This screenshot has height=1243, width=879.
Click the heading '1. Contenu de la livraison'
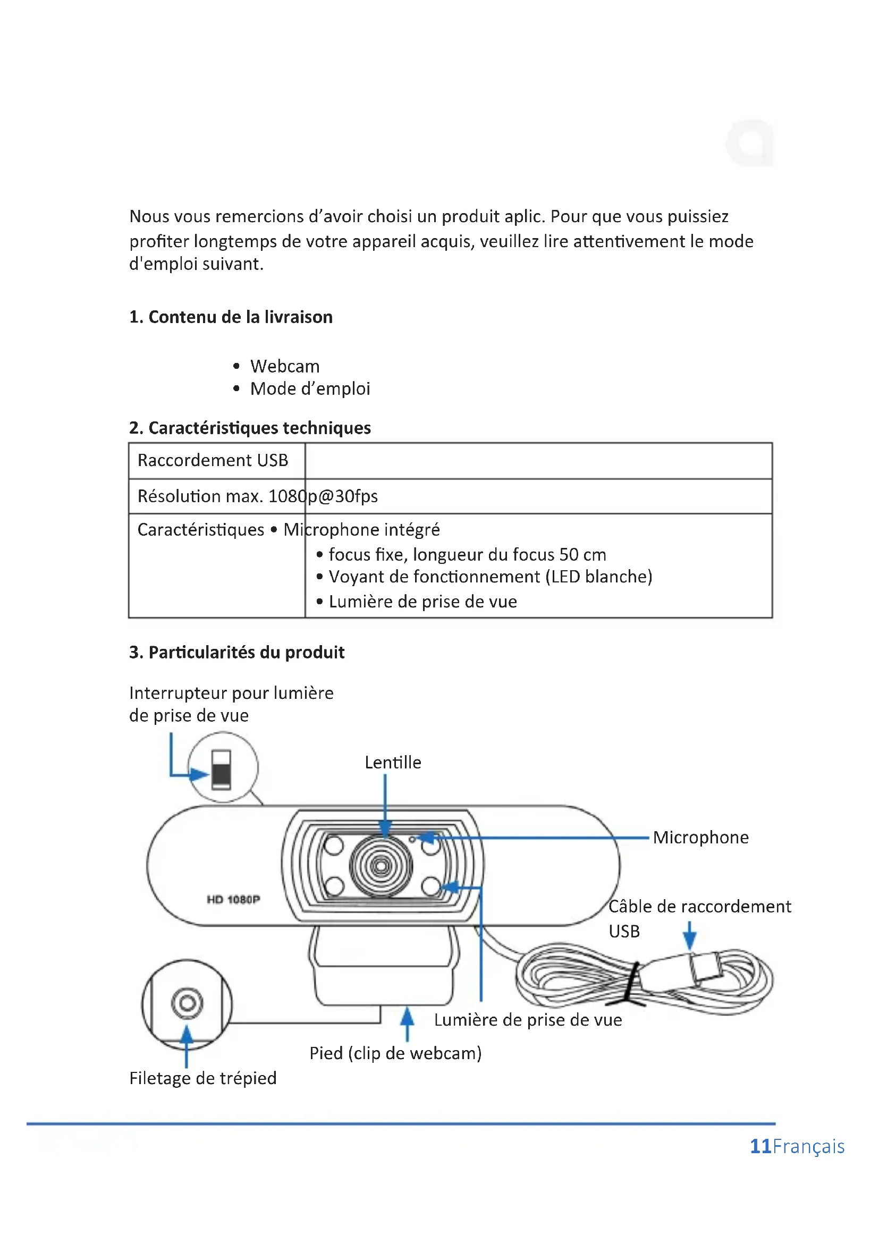pyautogui.click(x=231, y=317)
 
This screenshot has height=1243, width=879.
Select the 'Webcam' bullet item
pyautogui.click(x=285, y=366)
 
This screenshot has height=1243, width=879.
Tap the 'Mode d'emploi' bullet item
pyautogui.click(x=310, y=388)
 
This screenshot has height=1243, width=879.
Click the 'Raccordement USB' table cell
pyautogui.click(x=213, y=460)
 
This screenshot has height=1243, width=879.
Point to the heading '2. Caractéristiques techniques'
pyautogui.click(x=250, y=428)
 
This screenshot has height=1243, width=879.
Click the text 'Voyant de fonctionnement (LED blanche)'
pyautogui.click(x=491, y=577)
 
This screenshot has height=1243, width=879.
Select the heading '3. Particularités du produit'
pyautogui.click(x=236, y=653)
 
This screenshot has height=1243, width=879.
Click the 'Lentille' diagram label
pyautogui.click(x=392, y=762)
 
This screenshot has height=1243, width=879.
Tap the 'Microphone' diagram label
pyautogui.click(x=700, y=837)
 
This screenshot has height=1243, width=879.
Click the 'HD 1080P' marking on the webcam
pyautogui.click(x=233, y=899)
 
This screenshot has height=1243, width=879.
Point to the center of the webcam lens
pyautogui.click(x=381, y=866)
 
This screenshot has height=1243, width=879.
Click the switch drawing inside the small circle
pyautogui.click(x=222, y=769)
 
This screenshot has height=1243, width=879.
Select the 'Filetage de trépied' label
pyautogui.click(x=203, y=1078)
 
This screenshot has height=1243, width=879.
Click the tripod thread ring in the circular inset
pyautogui.click(x=187, y=1003)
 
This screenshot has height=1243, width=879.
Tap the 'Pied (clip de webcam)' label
pyautogui.click(x=395, y=1053)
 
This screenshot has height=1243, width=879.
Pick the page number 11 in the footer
pyautogui.click(x=760, y=1146)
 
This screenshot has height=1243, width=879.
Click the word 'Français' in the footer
pyautogui.click(x=809, y=1146)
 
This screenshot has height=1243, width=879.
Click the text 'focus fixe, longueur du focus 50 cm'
pyautogui.click(x=467, y=554)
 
